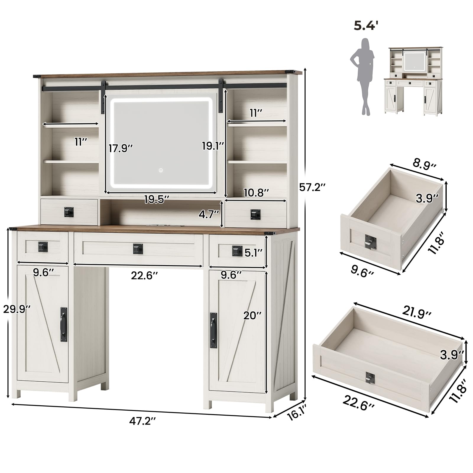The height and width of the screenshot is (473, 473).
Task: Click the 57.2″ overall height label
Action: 312,187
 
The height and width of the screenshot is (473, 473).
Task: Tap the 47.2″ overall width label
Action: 142,422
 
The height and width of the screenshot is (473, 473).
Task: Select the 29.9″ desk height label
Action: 17,309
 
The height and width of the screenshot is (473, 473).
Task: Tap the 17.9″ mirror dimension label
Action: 121,148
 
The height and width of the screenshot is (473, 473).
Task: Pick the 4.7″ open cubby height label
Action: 209,214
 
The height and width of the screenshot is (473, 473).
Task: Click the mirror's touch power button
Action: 161,170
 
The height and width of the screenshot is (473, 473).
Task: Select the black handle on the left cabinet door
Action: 64,324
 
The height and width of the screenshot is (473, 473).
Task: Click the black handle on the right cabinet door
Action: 213,330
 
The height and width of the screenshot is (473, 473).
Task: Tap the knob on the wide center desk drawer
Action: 137,248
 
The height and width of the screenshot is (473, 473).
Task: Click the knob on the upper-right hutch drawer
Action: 254,214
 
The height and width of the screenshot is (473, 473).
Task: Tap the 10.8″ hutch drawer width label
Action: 257,193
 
